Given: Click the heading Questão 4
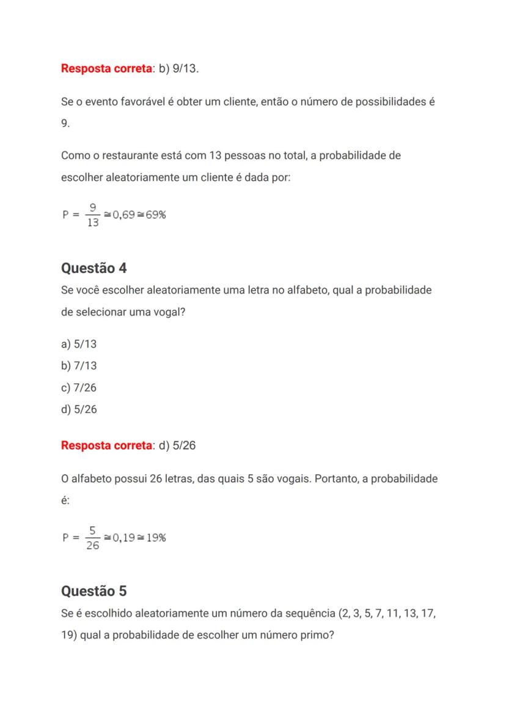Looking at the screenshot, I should [x=94, y=268].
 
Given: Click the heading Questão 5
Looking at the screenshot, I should [x=94, y=591].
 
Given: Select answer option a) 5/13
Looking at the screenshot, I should [x=79, y=344].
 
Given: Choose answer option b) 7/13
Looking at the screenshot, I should [x=79, y=366].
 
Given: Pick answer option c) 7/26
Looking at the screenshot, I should [x=79, y=388].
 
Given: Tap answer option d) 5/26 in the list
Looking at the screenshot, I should [x=79, y=410].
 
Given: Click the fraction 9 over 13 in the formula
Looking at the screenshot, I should [x=93, y=215].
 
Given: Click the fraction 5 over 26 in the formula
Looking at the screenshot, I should [x=93, y=537].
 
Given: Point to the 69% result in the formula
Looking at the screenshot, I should [x=156, y=215].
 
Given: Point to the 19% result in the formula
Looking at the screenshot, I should [x=156, y=537].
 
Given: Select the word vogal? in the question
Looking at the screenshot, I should [x=167, y=312].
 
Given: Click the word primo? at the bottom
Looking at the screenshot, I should [x=317, y=635].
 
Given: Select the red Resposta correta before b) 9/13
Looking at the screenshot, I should [x=106, y=68].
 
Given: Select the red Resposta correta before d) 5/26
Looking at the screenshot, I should [x=106, y=446].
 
